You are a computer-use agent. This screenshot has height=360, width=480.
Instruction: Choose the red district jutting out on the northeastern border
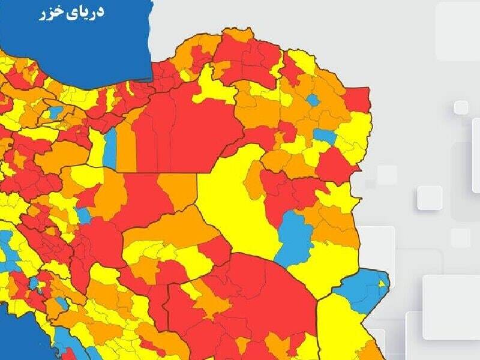pos(358,100)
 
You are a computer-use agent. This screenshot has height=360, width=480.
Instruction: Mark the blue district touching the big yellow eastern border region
pos(324,136)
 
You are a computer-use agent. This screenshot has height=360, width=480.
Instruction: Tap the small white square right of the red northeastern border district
pos(461,107)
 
